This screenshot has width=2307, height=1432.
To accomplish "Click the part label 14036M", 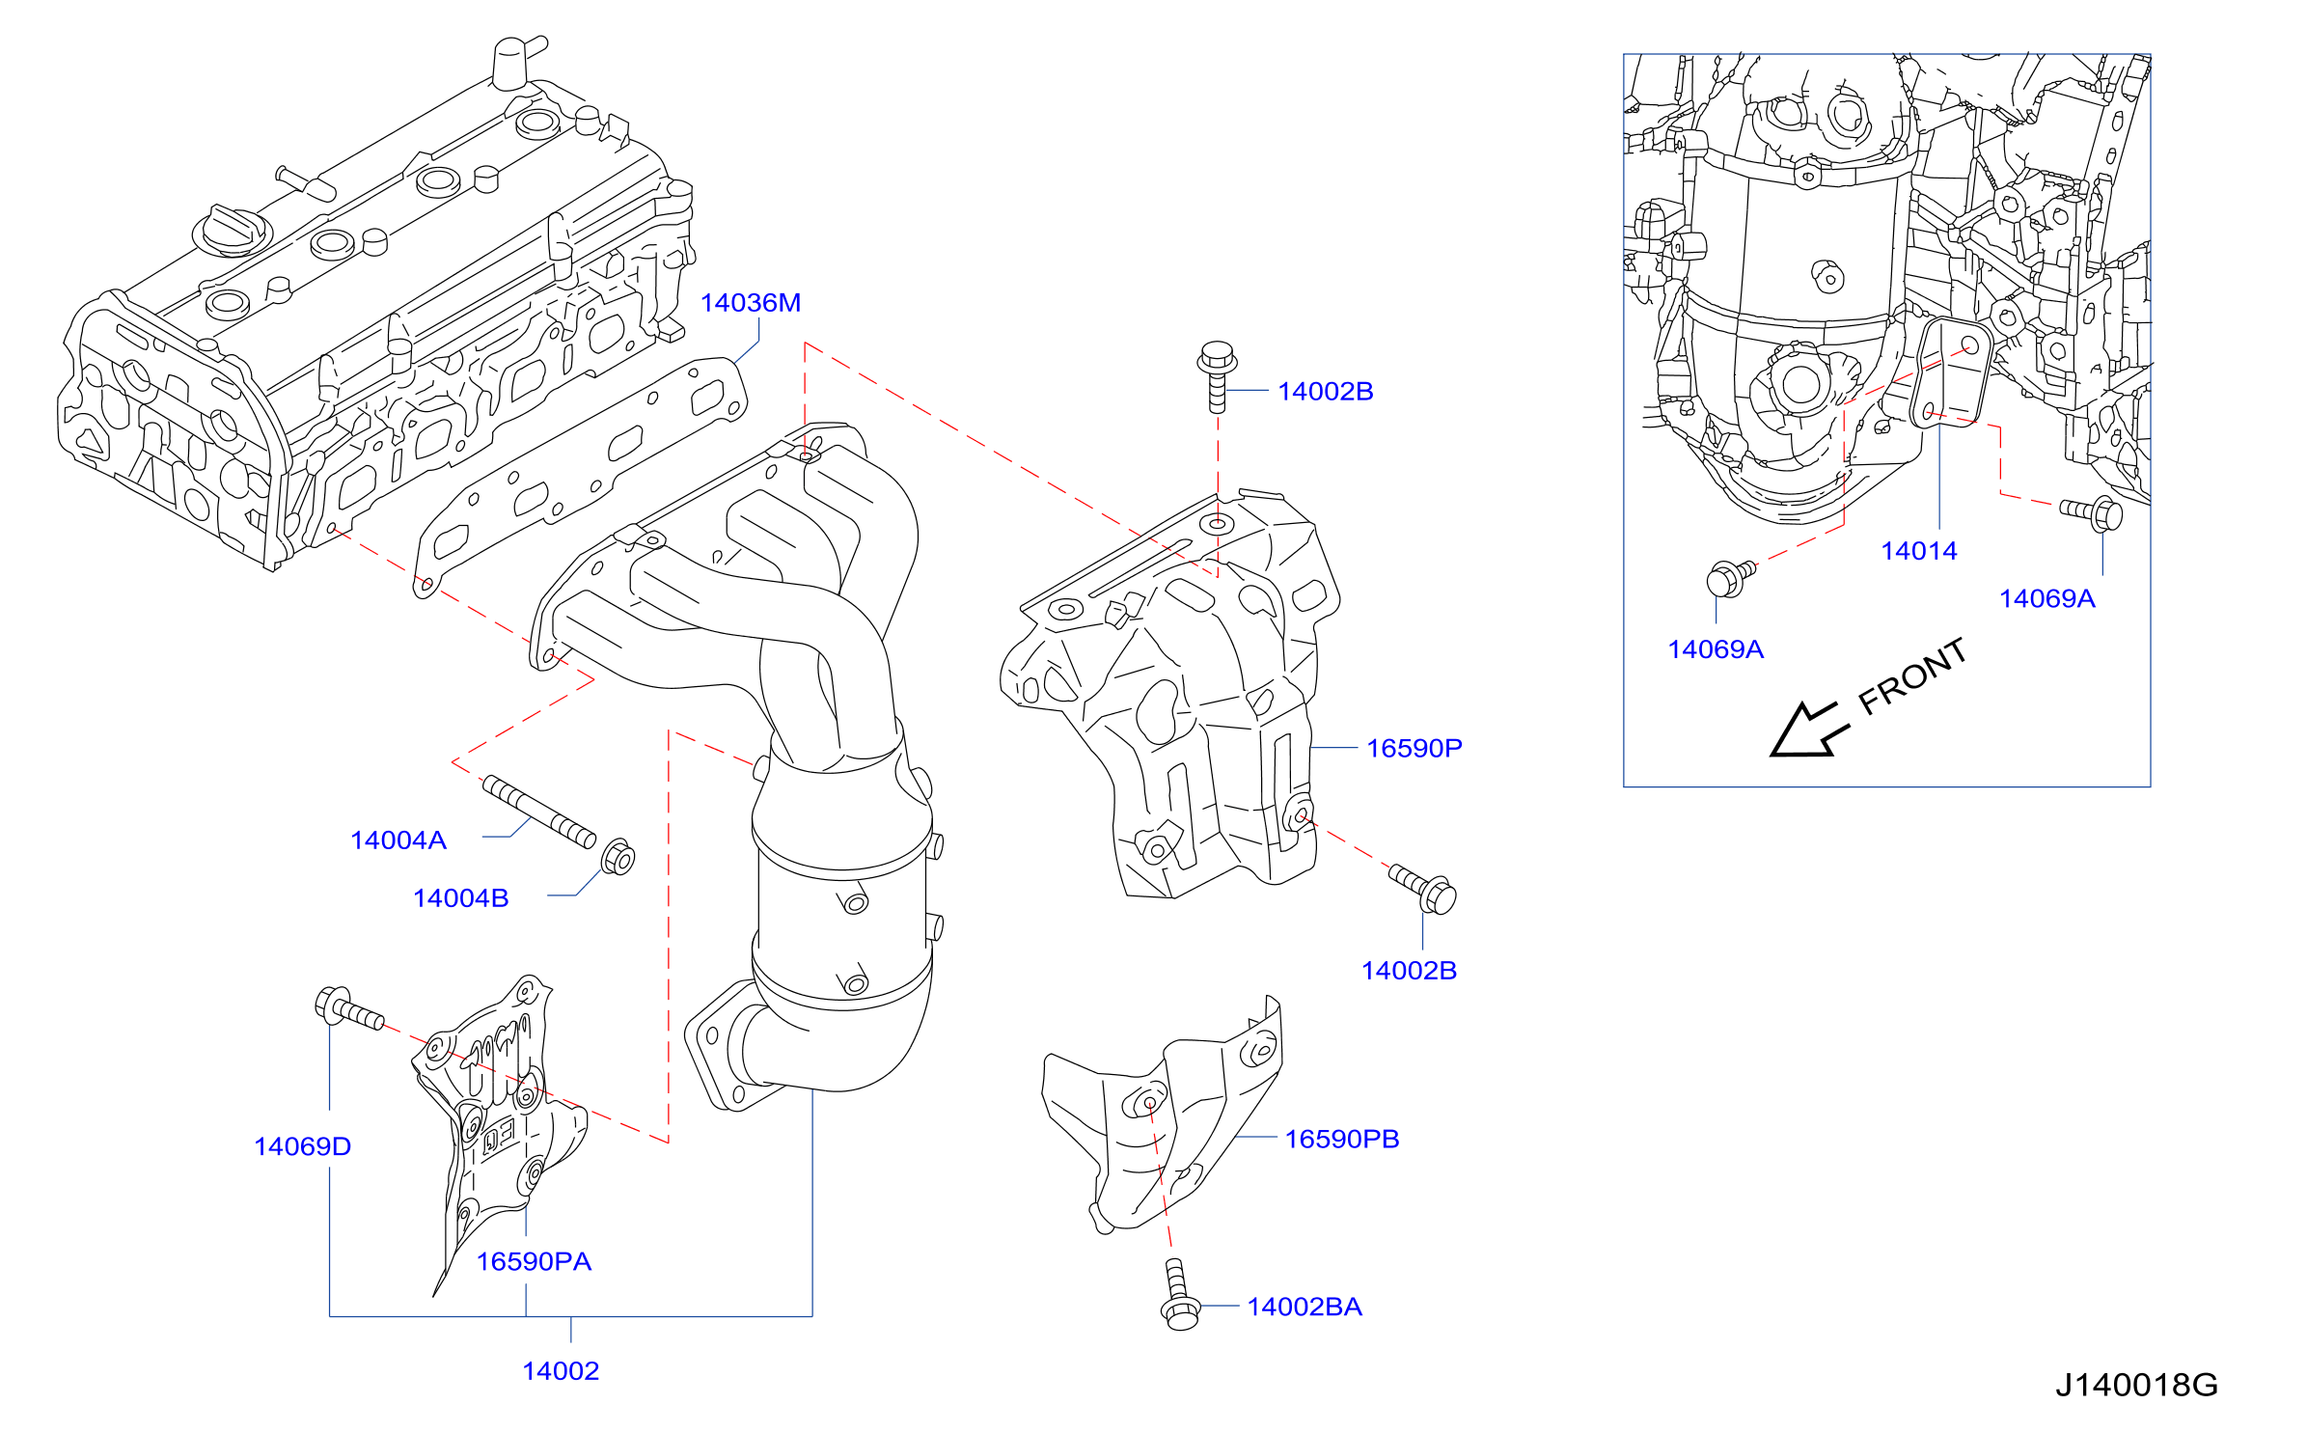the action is (x=750, y=303).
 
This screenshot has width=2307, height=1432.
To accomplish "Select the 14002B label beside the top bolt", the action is (x=1325, y=392).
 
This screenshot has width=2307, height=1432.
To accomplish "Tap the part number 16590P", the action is (x=1414, y=748).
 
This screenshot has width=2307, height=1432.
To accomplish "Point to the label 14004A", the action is (x=398, y=840).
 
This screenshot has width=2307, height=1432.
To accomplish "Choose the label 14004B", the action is (x=460, y=898).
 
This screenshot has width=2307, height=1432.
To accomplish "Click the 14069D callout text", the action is (x=302, y=1146).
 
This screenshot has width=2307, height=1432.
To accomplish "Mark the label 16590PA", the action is (x=534, y=1261).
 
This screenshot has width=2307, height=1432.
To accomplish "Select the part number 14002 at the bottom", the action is (x=561, y=1371).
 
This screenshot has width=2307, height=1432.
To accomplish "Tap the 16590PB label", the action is (x=1341, y=1139).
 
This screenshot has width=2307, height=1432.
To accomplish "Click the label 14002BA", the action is (x=1305, y=1307).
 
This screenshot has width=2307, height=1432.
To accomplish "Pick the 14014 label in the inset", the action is (x=1919, y=551).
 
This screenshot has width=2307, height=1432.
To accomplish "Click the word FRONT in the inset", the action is (x=1912, y=676).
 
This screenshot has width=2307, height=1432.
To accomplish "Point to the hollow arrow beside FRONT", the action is (x=1808, y=730).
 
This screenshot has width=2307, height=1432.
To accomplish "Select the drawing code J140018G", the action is (x=2136, y=1386).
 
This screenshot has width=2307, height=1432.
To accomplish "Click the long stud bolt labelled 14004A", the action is (x=539, y=812).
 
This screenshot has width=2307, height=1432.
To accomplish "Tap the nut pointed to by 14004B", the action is (x=618, y=857).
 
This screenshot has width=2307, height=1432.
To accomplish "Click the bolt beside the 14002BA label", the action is (x=1179, y=1295).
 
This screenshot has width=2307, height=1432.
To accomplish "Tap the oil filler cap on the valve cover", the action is (x=233, y=231).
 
